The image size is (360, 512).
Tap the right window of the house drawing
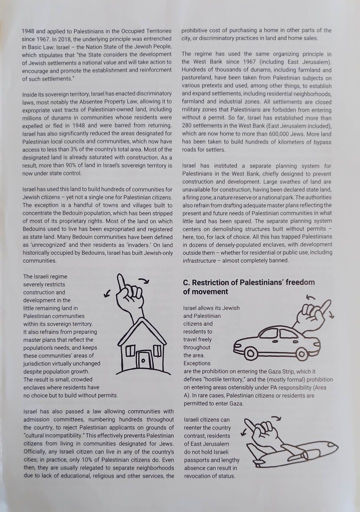click(x=156, y=349)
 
